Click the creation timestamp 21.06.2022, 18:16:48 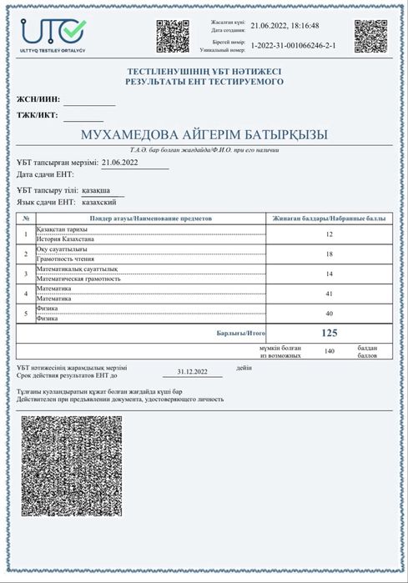tap(285, 26)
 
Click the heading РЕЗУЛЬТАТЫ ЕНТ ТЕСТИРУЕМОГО tap(204, 82)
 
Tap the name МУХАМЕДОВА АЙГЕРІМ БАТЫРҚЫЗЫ tap(204, 135)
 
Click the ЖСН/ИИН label tap(38, 99)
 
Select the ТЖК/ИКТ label tap(38, 118)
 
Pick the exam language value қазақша tap(104, 190)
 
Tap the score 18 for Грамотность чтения tap(329, 254)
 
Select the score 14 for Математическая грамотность tap(329, 274)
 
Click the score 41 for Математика tap(329, 294)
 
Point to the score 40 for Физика tap(329, 314)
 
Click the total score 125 tap(329, 333)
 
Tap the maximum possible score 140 tap(329, 351)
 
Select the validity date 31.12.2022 tap(192, 372)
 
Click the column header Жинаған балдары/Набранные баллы tap(329, 218)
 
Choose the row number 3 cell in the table tap(26, 274)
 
